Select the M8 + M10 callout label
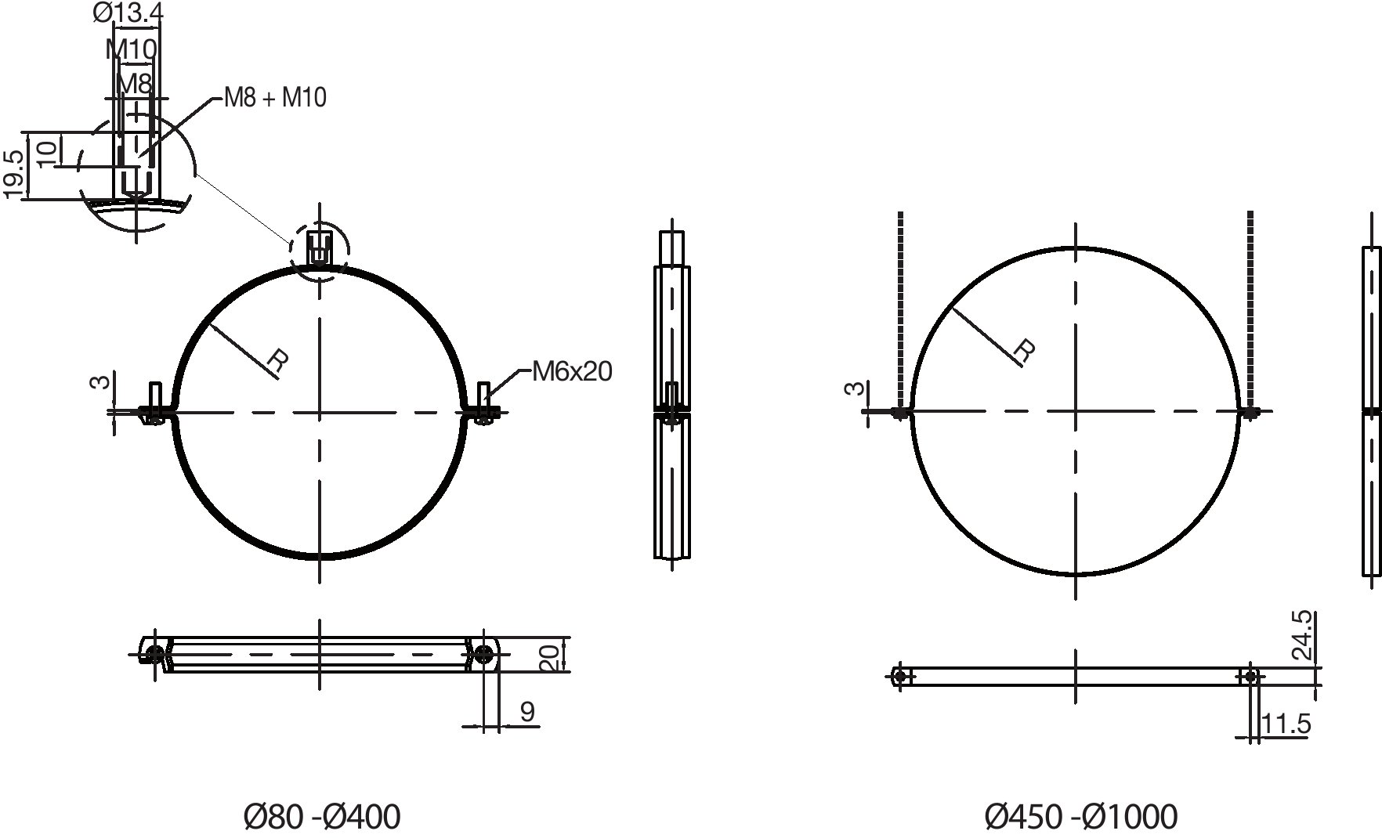tap(275, 98)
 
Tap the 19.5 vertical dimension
tap(14, 172)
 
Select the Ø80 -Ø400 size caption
tap(322, 817)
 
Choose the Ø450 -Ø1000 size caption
tap(1080, 817)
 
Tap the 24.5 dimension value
tap(1301, 636)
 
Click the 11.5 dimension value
tap(1286, 724)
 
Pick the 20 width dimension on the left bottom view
tap(551, 657)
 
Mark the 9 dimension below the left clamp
tap(527, 711)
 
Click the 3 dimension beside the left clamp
tap(99, 382)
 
